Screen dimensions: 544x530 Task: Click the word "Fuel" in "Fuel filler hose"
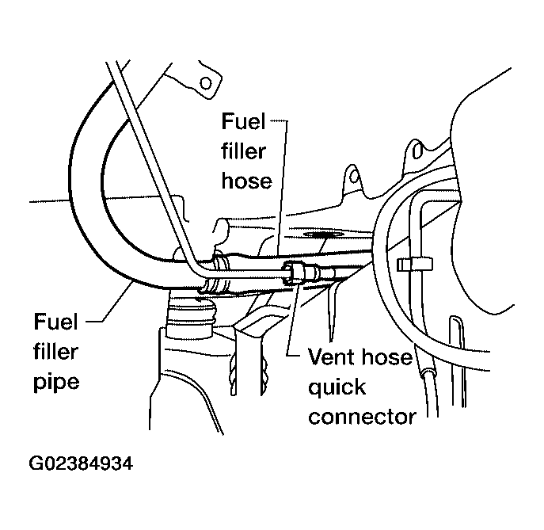point(243,121)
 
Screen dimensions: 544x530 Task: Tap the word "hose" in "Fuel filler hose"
point(247,181)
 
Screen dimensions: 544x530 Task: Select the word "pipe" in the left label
point(56,383)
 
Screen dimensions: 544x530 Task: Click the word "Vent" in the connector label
point(329,357)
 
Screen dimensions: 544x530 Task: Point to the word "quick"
point(337,387)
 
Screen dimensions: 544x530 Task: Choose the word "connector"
point(362,417)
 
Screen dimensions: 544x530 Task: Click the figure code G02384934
point(81,463)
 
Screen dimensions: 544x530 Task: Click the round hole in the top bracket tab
point(206,83)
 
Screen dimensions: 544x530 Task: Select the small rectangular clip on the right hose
point(415,265)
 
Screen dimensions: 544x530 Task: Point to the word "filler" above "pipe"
point(56,352)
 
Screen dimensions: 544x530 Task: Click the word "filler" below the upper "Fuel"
point(244,151)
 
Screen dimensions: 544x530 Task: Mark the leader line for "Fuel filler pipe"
point(109,303)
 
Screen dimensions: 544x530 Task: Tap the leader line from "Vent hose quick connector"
point(292,319)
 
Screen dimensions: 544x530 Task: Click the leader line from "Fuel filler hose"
point(281,188)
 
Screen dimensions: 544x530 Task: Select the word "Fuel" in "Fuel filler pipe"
point(56,322)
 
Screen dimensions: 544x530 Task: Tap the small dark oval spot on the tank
point(323,234)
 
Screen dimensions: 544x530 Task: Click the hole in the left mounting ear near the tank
point(354,175)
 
